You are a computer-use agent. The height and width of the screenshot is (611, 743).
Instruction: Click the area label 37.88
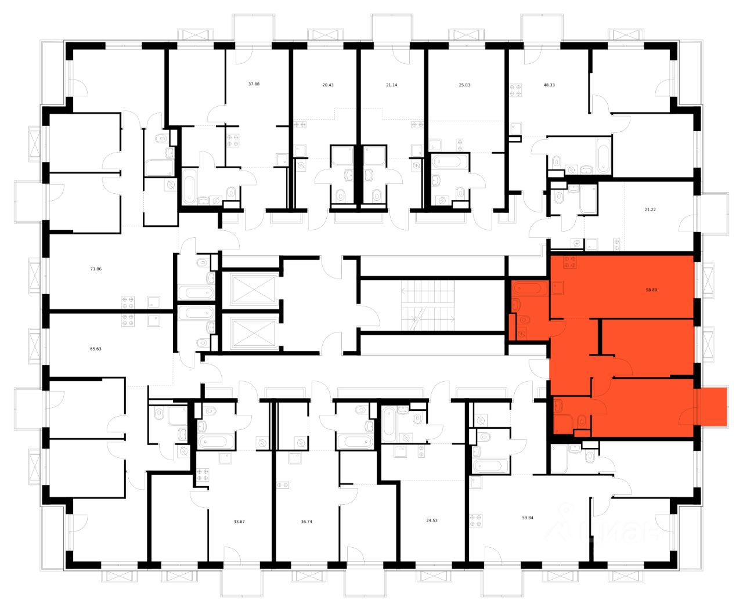[254, 84]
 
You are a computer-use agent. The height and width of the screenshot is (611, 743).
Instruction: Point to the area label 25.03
[464, 84]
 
